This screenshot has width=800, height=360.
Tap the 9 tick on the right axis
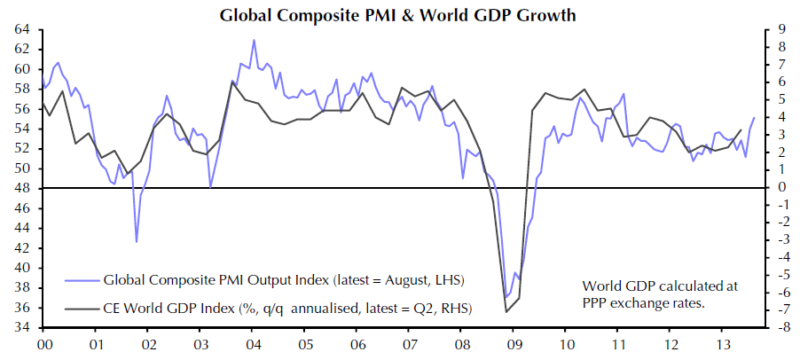pos(777,29)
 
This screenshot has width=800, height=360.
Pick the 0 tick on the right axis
pos(777,188)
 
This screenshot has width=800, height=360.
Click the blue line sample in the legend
pos(81,280)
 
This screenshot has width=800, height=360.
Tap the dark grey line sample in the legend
pos(81,308)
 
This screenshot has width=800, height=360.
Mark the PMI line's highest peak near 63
pos(254,40)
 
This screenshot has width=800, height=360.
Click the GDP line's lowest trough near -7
pos(506,311)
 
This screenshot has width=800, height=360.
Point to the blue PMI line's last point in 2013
pos(755,117)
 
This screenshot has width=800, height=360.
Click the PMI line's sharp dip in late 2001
pos(137,241)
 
